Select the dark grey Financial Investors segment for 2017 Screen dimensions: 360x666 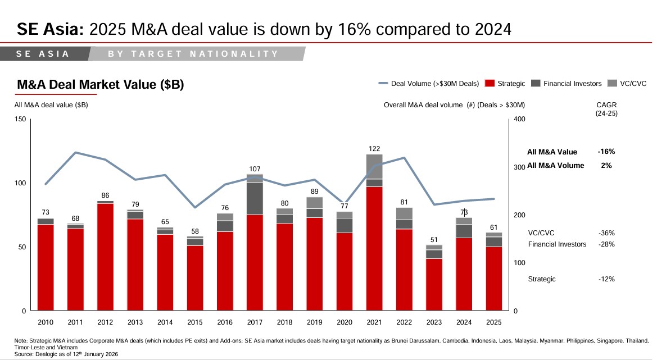[255, 198]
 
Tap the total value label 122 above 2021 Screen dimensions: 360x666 [374, 149]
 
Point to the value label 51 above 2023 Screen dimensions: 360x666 [434, 240]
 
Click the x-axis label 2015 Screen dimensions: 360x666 [195, 322]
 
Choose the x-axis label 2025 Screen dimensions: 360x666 [493, 322]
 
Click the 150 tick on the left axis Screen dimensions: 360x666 [20, 119]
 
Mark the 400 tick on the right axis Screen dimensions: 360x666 [519, 119]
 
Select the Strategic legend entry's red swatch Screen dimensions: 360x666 [490, 84]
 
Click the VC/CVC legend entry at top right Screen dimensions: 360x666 [627, 84]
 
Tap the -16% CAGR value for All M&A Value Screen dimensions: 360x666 [606, 152]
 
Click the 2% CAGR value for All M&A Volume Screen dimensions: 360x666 [606, 166]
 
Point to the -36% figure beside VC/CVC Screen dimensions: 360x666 [606, 233]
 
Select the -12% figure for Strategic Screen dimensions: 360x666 [606, 279]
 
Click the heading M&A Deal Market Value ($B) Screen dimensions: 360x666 [100, 85]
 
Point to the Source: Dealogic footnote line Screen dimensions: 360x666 [66, 354]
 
